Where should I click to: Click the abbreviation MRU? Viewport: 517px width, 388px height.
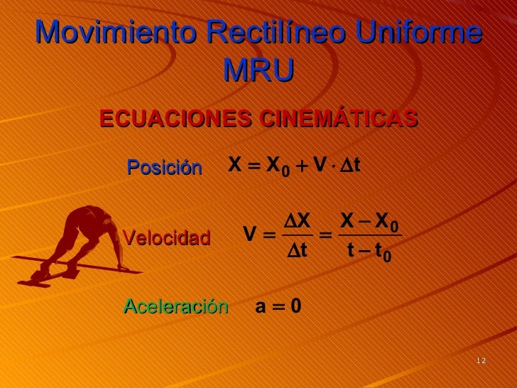point(258,70)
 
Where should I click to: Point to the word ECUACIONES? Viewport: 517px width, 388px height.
point(175,119)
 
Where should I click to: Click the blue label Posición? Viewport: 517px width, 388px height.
point(164,167)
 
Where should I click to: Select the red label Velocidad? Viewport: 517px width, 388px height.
point(167,237)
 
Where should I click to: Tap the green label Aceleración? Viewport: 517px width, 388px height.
point(175,306)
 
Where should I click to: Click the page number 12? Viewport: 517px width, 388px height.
point(481,361)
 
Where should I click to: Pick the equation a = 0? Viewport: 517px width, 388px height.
point(278,307)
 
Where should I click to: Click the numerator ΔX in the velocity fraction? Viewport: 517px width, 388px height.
point(297,221)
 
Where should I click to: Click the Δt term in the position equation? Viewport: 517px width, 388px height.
point(349,166)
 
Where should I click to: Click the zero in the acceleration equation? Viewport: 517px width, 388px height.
point(295,307)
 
